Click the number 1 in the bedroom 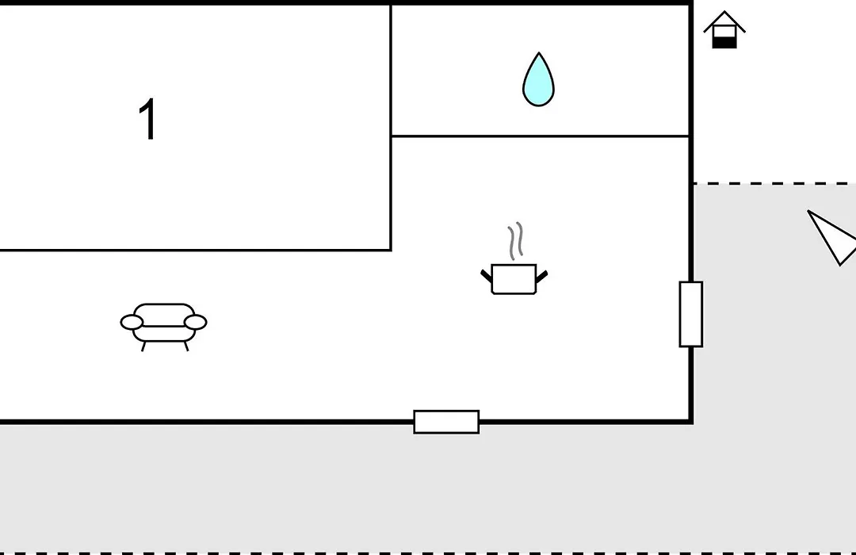[x=147, y=119]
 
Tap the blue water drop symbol [x=538, y=79]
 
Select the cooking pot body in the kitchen [x=514, y=279]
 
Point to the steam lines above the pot [x=516, y=241]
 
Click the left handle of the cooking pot [x=486, y=276]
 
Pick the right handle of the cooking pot [x=541, y=277]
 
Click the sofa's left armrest [x=132, y=322]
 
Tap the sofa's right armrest [x=196, y=322]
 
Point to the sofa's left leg [x=143, y=346]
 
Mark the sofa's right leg [x=186, y=346]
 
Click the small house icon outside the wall [x=724, y=29]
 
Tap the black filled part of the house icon [x=724, y=43]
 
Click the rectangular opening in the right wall [x=690, y=314]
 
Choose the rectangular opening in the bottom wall [x=446, y=422]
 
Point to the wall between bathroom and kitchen [x=541, y=136]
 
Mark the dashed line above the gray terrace [x=774, y=183]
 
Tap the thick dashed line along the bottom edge [x=428, y=553]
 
